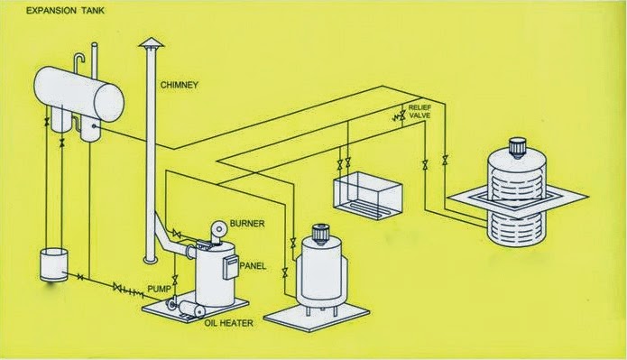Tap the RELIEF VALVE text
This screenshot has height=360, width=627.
pyautogui.click(x=421, y=111)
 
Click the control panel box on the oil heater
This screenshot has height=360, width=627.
pyautogui.click(x=230, y=264)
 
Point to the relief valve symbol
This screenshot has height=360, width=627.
pyautogui.click(x=397, y=117)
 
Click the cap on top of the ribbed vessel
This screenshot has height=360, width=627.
pyautogui.click(x=518, y=145)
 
